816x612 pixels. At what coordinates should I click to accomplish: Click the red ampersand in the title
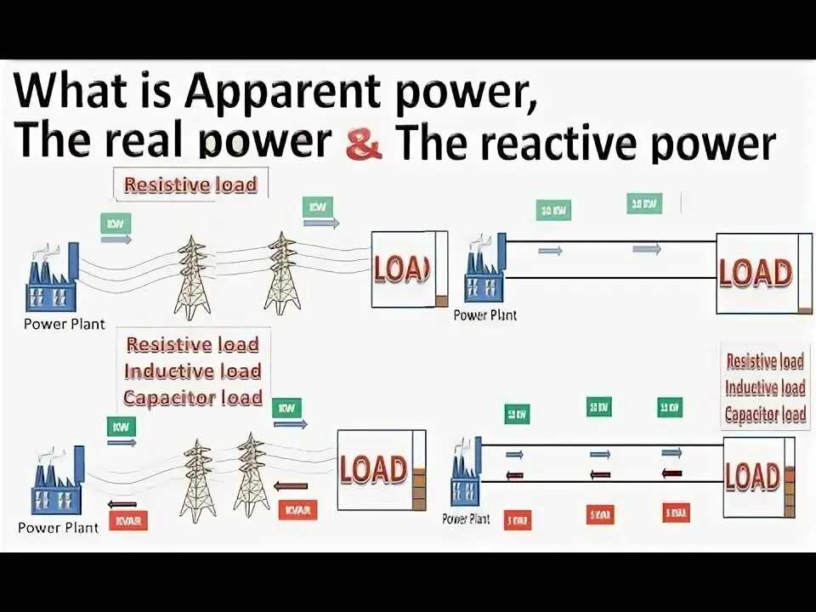click(x=364, y=145)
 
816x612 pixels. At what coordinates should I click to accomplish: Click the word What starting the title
click(x=76, y=90)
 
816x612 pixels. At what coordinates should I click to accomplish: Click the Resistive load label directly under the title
click(x=190, y=184)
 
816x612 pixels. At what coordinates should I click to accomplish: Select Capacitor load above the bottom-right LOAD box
click(x=764, y=415)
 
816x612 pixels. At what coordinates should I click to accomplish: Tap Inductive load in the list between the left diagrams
click(x=193, y=371)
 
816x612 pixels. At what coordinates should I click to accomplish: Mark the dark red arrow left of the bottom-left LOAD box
click(x=292, y=486)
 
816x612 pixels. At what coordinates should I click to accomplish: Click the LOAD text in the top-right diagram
click(x=755, y=274)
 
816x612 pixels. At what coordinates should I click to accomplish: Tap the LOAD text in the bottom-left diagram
click(x=372, y=468)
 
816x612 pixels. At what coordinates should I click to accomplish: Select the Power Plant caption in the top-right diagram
click(x=484, y=315)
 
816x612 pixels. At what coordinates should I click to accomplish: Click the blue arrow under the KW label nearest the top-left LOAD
click(x=321, y=224)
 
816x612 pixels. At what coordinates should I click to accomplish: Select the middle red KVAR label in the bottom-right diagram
click(x=601, y=514)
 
